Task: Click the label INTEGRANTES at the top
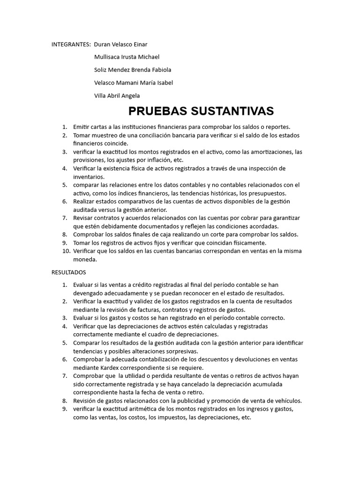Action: click(x=71, y=45)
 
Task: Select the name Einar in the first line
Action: click(x=140, y=45)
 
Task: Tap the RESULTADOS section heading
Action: click(x=69, y=272)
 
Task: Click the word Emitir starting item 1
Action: click(x=81, y=127)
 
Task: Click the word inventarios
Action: click(x=89, y=177)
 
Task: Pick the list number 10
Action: click(x=65, y=251)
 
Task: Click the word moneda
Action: click(x=85, y=259)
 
